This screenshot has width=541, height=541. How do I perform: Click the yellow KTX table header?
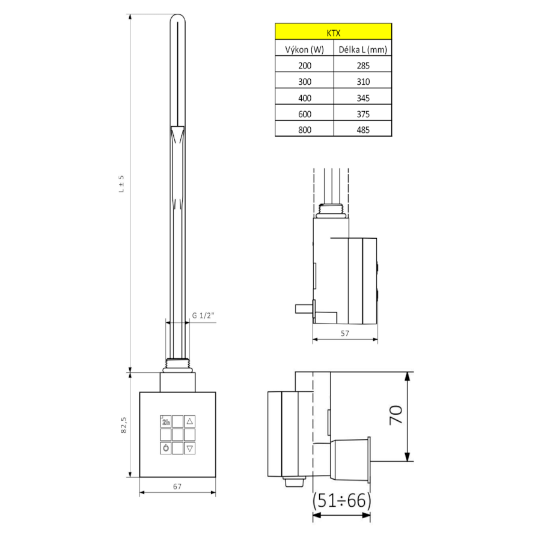tap(333, 31)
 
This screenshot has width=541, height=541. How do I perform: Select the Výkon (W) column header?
tap(304, 50)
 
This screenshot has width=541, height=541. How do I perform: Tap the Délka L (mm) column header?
tap(362, 50)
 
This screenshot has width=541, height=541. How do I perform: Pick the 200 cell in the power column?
tap(305, 66)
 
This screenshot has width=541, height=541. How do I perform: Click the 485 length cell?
tap(363, 130)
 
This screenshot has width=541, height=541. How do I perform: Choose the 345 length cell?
tap(363, 98)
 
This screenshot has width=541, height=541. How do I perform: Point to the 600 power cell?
tap(305, 114)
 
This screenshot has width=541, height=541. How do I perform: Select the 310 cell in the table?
tap(363, 82)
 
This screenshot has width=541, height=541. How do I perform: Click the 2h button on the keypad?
tap(166, 421)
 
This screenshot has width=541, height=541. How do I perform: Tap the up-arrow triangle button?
tap(190, 421)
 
